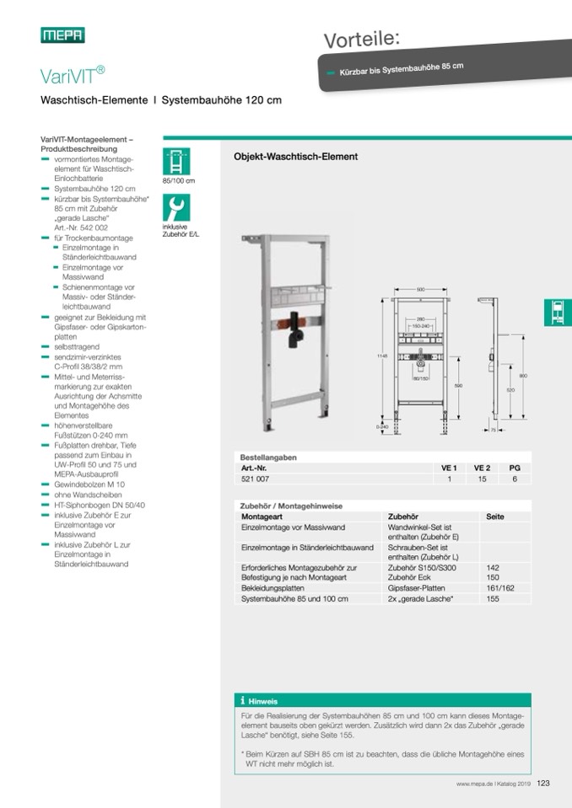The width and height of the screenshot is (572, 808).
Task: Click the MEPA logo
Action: coord(62,35)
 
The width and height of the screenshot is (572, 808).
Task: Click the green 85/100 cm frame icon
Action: coord(176,161)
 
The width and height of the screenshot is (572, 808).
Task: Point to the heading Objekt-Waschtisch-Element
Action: coord(295,157)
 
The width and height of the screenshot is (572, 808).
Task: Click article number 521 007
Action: coord(255,479)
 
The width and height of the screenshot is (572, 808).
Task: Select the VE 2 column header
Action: coord(482,468)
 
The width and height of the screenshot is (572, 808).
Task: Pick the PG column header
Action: coord(515,468)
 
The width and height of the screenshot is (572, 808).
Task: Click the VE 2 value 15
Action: coord(482,479)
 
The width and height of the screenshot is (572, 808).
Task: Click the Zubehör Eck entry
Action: coord(409,578)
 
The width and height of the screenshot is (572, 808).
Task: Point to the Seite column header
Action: coord(496,516)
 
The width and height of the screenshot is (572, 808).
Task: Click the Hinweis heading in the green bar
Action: coord(263,701)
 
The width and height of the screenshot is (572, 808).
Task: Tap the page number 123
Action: coord(542,784)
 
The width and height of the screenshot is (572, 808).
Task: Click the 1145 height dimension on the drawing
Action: coord(381,356)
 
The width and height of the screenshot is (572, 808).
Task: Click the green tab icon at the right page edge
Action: coord(558,313)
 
